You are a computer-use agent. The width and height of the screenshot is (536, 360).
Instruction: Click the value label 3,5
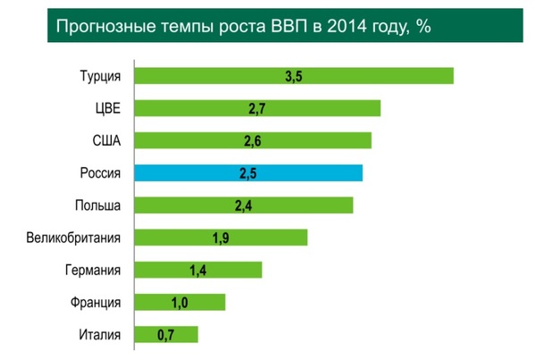(x=295, y=76)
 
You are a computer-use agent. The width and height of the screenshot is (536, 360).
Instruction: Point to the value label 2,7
(x=258, y=109)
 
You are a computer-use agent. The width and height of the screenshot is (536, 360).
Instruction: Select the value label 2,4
(x=244, y=205)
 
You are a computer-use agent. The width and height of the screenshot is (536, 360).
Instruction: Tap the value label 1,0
(x=180, y=303)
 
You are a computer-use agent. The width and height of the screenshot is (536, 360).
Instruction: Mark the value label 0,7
(x=165, y=335)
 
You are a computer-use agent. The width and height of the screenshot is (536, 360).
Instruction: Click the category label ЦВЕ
(x=107, y=108)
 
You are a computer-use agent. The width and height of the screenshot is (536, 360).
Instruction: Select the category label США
(x=106, y=140)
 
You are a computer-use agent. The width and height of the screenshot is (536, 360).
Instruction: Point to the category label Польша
(x=98, y=205)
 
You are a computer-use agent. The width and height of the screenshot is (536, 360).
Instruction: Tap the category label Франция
(x=96, y=302)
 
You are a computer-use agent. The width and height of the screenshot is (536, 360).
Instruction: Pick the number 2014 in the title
(x=351, y=26)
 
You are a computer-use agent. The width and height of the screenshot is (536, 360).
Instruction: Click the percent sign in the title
(x=425, y=26)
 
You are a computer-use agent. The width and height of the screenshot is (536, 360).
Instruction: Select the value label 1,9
(x=222, y=238)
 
